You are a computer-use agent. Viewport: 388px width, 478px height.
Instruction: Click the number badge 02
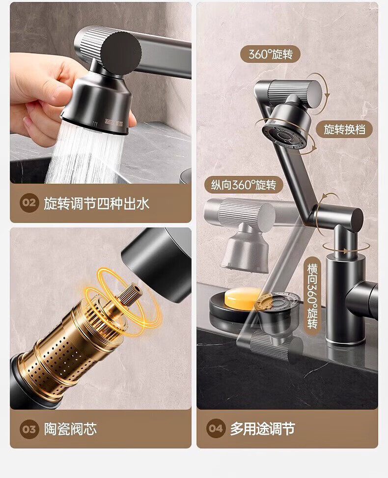[29, 203]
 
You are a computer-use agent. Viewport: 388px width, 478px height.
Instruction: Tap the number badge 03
[29, 429]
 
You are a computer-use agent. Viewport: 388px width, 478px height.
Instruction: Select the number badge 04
[216, 428]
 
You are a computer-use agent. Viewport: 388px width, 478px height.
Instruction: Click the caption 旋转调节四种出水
[96, 203]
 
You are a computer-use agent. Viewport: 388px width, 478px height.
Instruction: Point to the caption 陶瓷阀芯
[70, 429]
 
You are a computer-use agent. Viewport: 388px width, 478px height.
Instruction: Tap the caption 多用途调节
[262, 428]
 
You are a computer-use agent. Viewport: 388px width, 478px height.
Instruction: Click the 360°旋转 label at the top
[270, 54]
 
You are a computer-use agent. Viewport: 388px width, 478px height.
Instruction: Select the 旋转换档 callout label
[344, 129]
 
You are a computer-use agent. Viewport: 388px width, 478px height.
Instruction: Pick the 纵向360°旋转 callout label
[244, 185]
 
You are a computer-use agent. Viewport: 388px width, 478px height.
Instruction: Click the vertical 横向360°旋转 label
[312, 296]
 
